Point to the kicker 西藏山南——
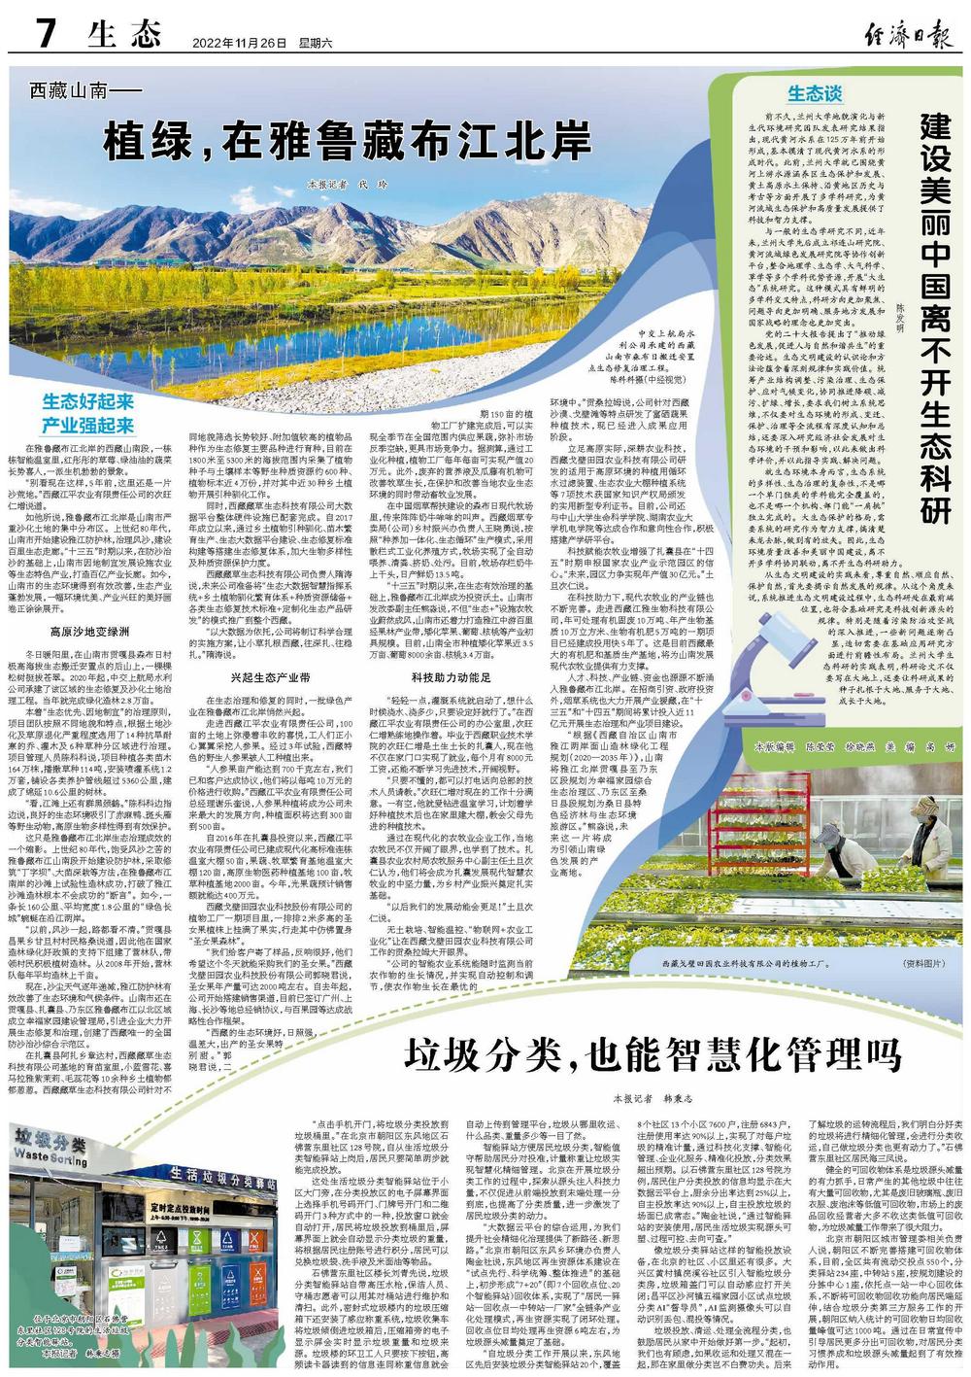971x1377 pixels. pos(86,93)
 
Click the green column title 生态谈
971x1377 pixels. pos(814,93)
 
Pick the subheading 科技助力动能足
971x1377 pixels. pos(452,649)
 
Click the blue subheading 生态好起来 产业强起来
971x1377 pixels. pos(87,413)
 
